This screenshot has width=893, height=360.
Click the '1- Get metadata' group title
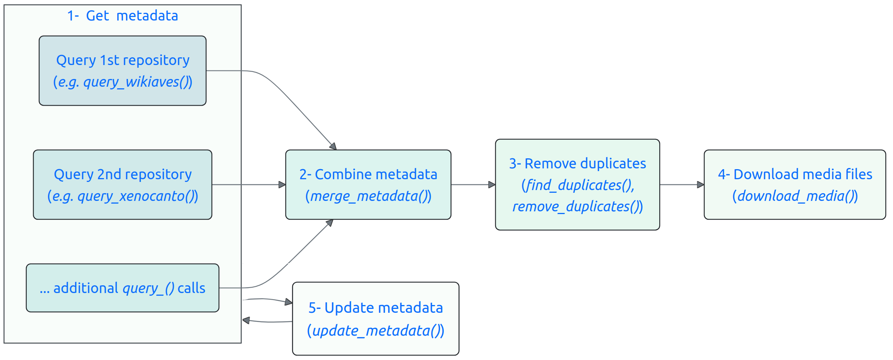pos(122,16)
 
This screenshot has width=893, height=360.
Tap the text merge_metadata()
pos(368,196)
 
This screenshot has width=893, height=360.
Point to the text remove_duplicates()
pos(577,207)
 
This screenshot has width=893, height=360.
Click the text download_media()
pos(795,196)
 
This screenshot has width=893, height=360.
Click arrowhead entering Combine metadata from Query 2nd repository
pos(282,185)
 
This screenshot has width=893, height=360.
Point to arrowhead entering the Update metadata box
pos(289,302)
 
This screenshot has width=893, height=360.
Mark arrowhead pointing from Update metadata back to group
pos(246,320)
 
